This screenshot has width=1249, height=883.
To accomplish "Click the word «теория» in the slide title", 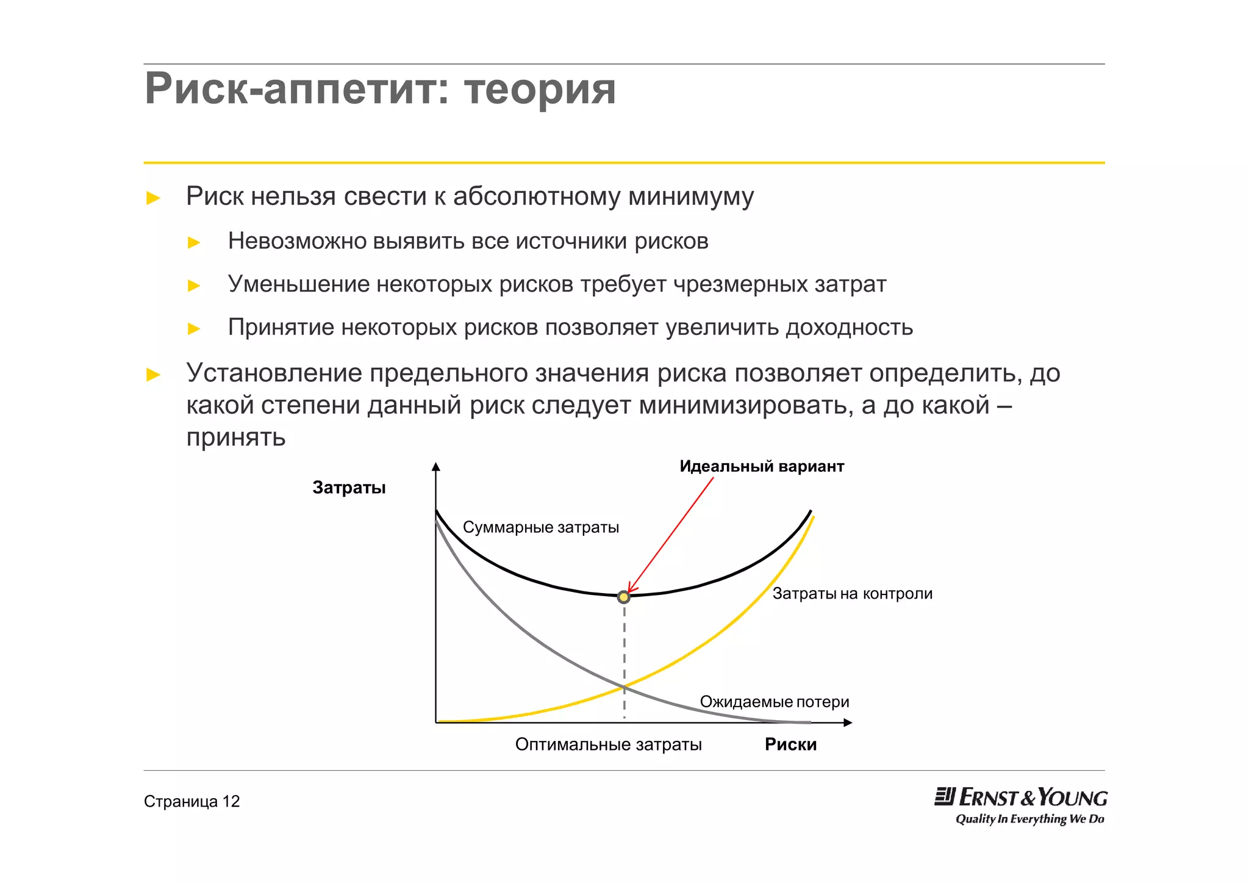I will click(x=540, y=89).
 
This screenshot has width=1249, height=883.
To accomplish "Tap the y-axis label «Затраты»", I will click(x=349, y=488).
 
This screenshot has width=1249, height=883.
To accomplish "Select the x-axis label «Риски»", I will click(x=790, y=744).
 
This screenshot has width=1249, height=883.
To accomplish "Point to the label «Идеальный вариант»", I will click(x=762, y=466).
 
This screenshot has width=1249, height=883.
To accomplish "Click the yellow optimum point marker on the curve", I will click(x=623, y=597).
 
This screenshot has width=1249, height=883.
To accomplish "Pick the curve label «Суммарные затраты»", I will click(x=540, y=527).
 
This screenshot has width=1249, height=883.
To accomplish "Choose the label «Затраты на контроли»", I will click(x=852, y=593).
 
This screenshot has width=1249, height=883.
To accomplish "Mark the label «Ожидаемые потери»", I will click(x=774, y=702).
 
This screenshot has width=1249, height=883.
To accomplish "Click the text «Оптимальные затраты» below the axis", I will click(x=608, y=744).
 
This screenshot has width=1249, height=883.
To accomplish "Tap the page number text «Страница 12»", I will click(x=191, y=801).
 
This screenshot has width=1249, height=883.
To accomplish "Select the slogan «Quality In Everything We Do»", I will click(x=1029, y=819).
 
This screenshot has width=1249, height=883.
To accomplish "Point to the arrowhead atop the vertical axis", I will click(x=435, y=467).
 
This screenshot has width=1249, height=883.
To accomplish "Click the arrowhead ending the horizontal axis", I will click(x=848, y=723).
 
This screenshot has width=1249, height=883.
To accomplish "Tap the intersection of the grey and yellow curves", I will click(x=624, y=688).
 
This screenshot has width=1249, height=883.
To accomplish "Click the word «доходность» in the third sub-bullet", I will click(x=849, y=328).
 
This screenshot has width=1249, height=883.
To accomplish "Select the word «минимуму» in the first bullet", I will click(x=691, y=196).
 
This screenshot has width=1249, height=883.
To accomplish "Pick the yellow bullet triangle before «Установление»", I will click(x=154, y=374).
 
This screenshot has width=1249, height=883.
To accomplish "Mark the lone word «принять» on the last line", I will click(x=235, y=438).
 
